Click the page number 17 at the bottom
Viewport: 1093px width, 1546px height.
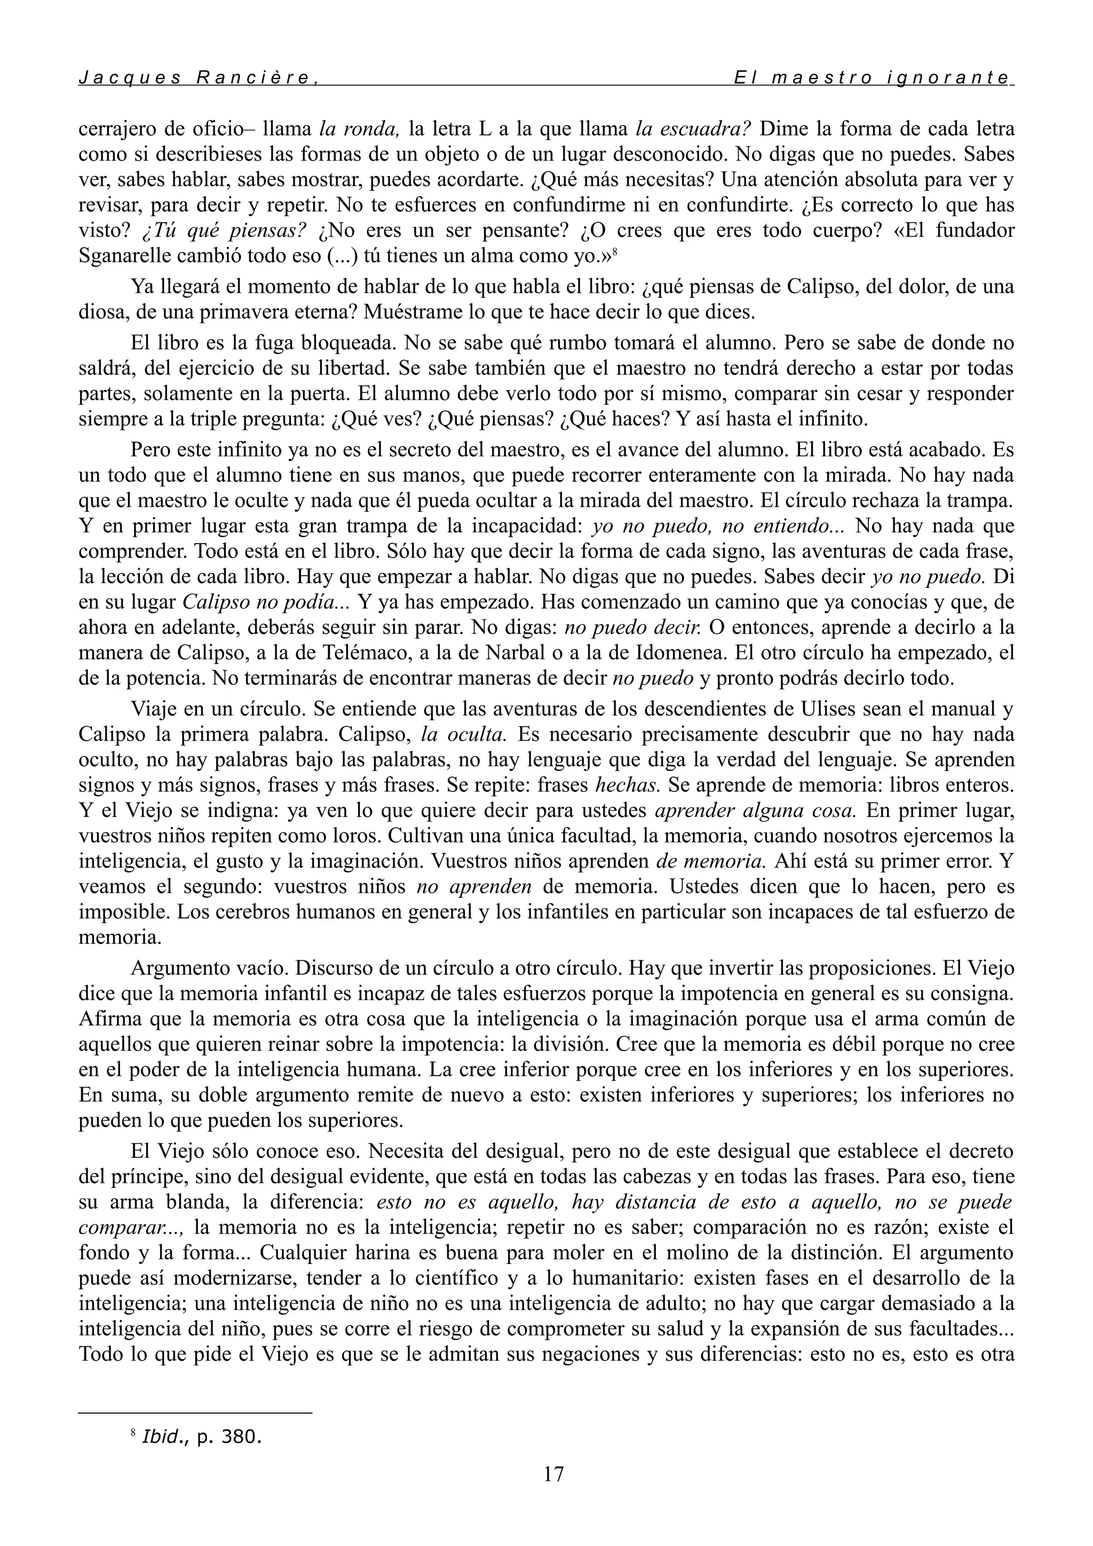point(553,1473)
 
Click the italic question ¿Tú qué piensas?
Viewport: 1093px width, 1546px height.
point(224,231)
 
